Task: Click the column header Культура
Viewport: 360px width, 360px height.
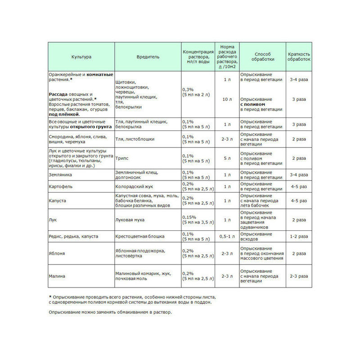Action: click(81, 57)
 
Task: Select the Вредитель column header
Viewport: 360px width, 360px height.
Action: click(148, 57)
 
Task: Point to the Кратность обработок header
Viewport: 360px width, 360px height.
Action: click(299, 57)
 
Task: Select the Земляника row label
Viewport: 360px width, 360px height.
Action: click(60, 175)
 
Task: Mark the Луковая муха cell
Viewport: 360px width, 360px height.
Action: click(130, 220)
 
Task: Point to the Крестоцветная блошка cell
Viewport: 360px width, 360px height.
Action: click(140, 236)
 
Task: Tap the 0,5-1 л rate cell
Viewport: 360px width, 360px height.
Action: click(227, 236)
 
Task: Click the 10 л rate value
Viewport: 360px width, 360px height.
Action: click(227, 99)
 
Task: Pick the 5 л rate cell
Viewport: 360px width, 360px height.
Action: click(227, 158)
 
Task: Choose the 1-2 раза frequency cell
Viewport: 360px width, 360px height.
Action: click(299, 236)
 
